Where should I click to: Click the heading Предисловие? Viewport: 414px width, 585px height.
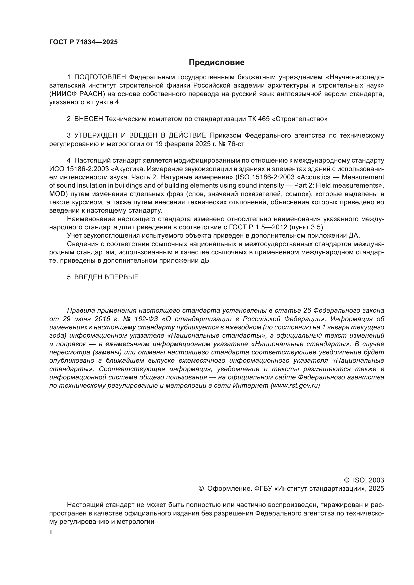(217, 63)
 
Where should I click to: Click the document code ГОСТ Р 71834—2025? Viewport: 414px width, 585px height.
(83, 42)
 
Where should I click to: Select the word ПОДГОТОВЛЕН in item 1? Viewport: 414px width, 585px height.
(100, 77)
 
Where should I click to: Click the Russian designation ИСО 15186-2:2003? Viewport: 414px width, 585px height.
(79, 169)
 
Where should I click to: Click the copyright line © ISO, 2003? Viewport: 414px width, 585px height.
(364, 480)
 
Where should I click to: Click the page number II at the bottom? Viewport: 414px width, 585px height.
(51, 532)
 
